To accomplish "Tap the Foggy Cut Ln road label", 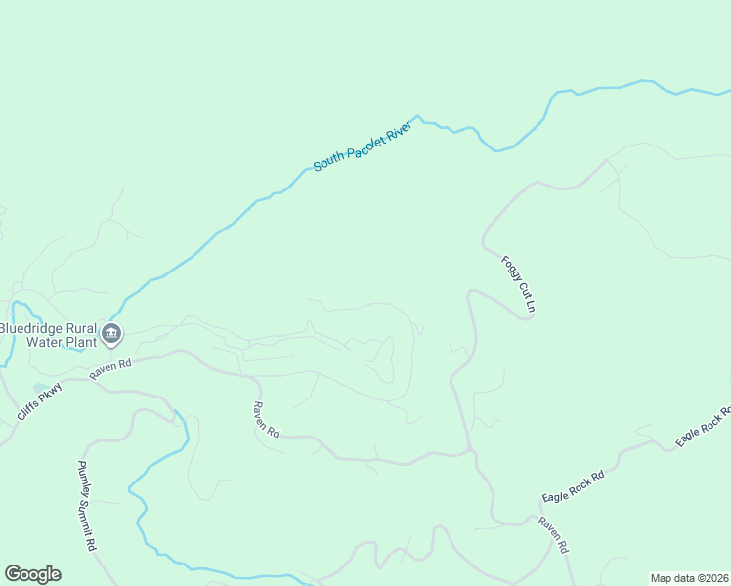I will tap(519, 284).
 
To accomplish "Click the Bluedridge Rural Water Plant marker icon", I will tap(111, 334).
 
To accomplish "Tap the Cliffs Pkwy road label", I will tap(39, 401).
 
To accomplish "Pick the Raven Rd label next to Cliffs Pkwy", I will tap(110, 369).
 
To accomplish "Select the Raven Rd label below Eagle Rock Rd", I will tap(552, 536).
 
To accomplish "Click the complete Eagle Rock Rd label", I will tap(574, 487).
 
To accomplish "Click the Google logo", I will tap(32, 574).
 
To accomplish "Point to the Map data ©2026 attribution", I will tap(689, 578).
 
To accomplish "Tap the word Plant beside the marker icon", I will tap(82, 343).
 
